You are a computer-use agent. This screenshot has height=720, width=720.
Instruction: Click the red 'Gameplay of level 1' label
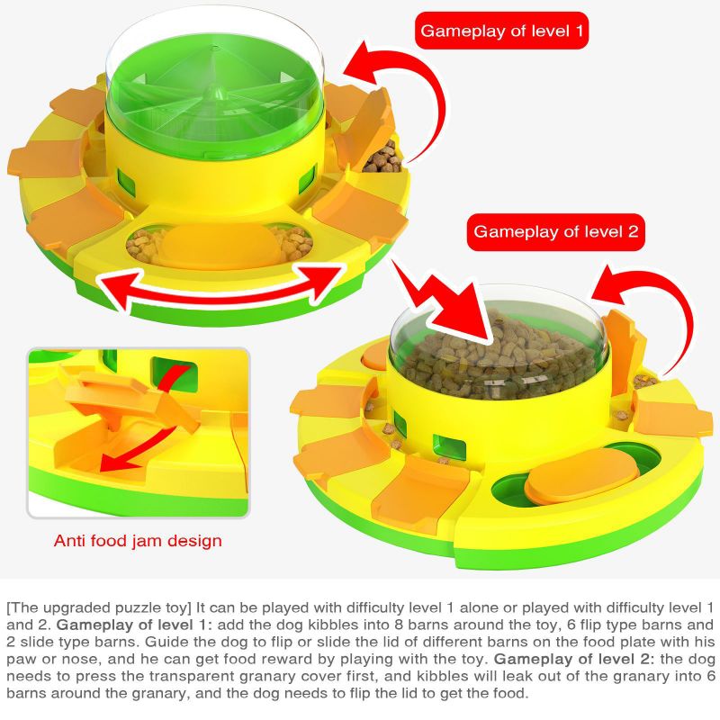pos(501,31)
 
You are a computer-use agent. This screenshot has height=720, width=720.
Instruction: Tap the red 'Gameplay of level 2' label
pos(555,231)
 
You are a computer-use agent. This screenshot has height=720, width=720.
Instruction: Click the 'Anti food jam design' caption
pos(138,541)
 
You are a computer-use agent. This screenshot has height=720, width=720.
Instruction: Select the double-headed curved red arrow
pos(220,294)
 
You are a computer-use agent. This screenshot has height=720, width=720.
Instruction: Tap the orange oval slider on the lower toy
pos(582,476)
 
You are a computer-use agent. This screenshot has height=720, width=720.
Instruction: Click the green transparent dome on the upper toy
pos(215,87)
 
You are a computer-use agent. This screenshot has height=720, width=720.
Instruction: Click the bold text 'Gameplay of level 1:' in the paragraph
pos(134,625)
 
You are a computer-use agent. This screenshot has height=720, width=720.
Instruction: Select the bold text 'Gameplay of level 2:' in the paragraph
pos(573,659)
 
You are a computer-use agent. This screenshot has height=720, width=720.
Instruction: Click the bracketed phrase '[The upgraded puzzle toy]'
pos(99,608)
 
